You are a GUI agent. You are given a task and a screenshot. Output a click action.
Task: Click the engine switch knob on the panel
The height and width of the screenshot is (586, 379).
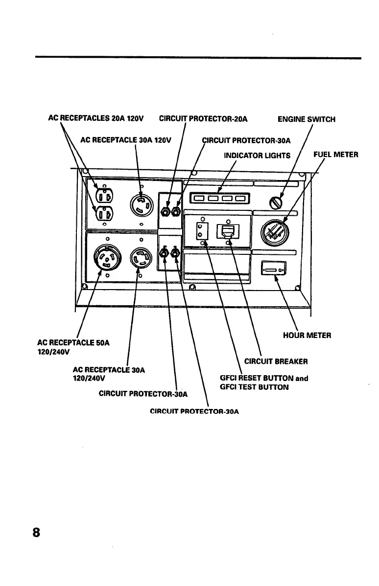pos(277,201)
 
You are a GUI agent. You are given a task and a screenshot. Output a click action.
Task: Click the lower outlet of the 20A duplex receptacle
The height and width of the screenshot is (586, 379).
pos(104,214)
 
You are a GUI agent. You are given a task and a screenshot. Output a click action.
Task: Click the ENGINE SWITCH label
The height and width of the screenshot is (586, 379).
pos(306,119)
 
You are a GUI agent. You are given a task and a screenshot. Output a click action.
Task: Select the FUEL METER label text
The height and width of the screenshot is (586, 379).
pos(335,155)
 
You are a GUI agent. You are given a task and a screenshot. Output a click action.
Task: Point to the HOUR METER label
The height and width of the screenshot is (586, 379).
pos(307,336)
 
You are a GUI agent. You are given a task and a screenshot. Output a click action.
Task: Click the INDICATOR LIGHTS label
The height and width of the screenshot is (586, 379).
pos(257,156)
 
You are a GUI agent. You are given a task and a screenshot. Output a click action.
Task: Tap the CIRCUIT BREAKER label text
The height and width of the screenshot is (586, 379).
pos(276,362)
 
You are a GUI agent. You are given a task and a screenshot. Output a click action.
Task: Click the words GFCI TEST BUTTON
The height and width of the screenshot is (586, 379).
pos(255,387)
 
